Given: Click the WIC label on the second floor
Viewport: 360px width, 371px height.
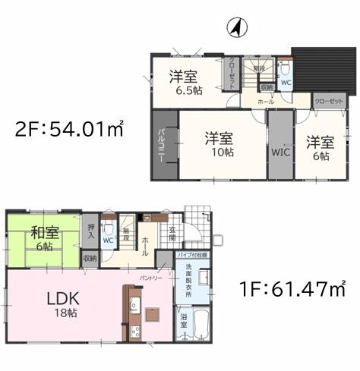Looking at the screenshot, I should click(x=279, y=149).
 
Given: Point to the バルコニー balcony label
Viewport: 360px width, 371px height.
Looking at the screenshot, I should click(x=163, y=144).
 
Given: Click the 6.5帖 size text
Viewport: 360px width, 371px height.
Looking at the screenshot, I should click(x=185, y=90).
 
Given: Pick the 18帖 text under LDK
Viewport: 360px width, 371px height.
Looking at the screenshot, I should click(x=65, y=313).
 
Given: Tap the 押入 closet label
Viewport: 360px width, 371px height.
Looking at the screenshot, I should click(x=90, y=235).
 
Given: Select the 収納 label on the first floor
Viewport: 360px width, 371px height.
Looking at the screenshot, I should click(x=90, y=259).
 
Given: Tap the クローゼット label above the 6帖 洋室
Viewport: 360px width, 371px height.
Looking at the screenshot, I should click(x=328, y=100).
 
